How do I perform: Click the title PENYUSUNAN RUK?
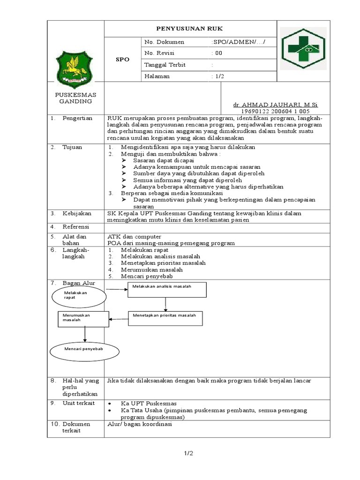tap(190, 29)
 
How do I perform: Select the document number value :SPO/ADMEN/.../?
tap(238, 42)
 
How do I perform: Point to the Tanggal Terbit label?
tap(165, 65)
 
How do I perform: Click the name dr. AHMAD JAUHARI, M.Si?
tap(275, 104)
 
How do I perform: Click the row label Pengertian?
tap(77, 118)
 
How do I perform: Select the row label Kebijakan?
tap(77, 213)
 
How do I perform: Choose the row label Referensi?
tap(77, 227)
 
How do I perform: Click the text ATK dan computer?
tap(135, 236)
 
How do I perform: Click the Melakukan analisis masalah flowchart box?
tap(167, 290)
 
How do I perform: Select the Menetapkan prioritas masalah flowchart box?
tap(165, 318)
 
